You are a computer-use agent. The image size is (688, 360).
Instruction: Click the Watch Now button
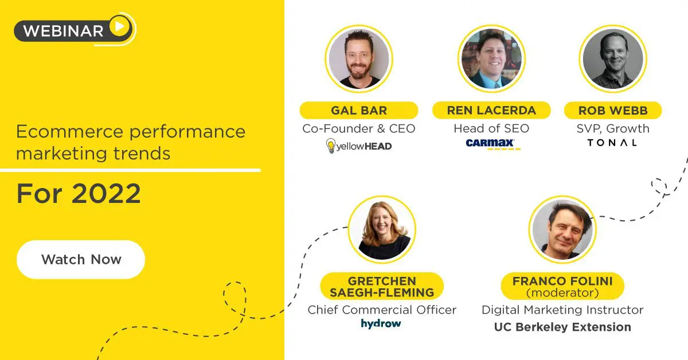(x=81, y=260)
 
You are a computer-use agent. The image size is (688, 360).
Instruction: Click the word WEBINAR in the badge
(x=63, y=31)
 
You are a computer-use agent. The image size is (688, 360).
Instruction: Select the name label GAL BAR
(x=359, y=110)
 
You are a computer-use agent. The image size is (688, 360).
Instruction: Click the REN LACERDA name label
(x=491, y=110)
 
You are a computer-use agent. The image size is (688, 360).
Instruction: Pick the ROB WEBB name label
(x=613, y=110)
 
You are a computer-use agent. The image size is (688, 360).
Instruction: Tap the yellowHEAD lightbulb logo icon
(x=330, y=146)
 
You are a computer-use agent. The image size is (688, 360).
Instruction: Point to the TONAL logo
(x=612, y=143)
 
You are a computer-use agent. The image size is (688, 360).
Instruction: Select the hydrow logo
(x=381, y=323)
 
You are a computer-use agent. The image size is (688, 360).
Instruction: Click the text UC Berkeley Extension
(x=562, y=327)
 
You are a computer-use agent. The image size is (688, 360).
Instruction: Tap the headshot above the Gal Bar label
(x=359, y=58)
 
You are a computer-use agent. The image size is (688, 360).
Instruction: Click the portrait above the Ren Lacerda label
(x=491, y=58)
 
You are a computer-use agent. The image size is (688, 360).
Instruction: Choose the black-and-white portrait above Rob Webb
(x=613, y=58)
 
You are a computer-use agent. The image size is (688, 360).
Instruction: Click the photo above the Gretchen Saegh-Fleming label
(x=382, y=229)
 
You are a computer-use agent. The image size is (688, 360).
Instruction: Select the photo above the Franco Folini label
(x=562, y=229)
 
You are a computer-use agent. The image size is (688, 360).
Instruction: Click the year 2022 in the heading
(x=106, y=194)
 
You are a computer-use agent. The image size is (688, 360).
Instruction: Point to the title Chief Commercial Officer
(x=382, y=310)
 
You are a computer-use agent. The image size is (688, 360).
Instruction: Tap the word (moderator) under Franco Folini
(x=562, y=293)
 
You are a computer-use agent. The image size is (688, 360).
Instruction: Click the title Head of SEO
(x=491, y=128)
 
